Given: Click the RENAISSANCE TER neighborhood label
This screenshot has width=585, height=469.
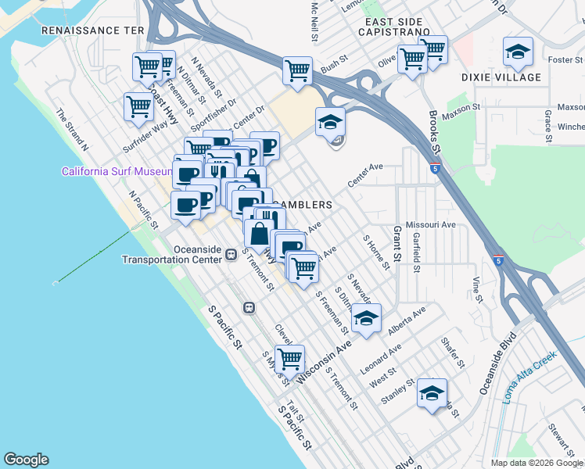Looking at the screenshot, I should tap(93, 30).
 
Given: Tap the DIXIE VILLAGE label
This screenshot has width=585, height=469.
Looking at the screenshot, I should tap(501, 77).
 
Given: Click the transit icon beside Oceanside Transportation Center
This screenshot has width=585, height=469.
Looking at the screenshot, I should tap(231, 254).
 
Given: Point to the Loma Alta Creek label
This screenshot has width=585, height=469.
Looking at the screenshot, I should tap(529, 378).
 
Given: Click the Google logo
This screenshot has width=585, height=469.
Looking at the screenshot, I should tap(26, 460).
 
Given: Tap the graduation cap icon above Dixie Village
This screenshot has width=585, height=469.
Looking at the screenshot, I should tap(518, 52).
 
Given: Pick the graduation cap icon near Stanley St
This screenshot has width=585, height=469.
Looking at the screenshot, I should tap(431, 394).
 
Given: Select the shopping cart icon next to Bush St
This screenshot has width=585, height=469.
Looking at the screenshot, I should tap(297, 71).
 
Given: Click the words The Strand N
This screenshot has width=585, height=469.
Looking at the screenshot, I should tap(72, 130).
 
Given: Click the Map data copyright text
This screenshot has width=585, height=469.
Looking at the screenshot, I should tap(536, 463).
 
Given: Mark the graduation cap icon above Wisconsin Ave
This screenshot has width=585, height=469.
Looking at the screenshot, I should tap(365, 318).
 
